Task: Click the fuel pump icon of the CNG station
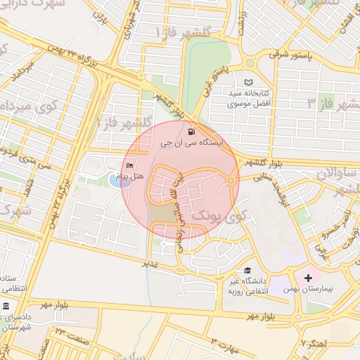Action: click(x=191, y=131)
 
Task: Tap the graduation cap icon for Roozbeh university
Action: click(x=247, y=271)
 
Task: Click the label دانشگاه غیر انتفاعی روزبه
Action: click(x=245, y=287)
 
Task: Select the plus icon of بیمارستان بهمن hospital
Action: click(x=308, y=278)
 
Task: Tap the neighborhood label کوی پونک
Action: click(x=212, y=212)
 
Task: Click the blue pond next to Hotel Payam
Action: click(x=115, y=181)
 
